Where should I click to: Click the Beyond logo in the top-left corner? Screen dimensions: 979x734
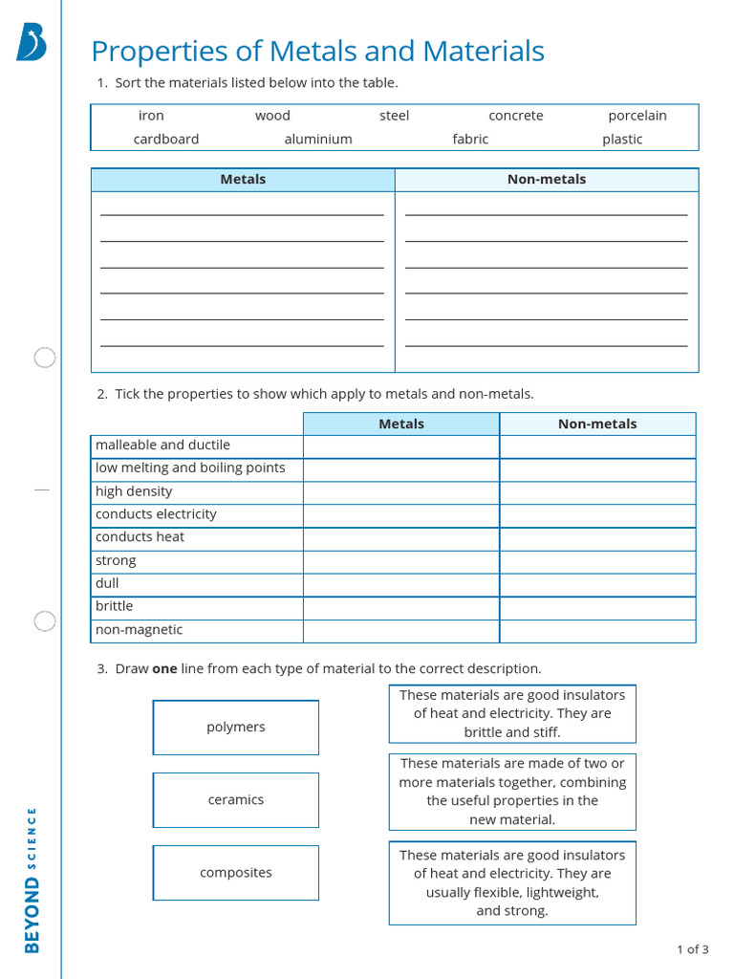(31, 44)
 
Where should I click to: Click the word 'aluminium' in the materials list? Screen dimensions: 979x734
(318, 140)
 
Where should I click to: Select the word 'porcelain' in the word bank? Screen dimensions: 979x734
(637, 116)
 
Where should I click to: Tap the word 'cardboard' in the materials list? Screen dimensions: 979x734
(166, 140)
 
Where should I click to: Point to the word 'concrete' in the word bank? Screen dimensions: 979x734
(516, 116)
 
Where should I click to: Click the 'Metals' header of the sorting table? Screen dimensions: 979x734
(243, 180)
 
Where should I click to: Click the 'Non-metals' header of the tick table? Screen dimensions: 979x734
(597, 424)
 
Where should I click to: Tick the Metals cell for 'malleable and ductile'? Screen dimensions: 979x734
(401, 446)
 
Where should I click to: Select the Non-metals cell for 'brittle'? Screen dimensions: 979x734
(597, 607)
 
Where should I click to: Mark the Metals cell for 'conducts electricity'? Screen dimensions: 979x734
(401, 515)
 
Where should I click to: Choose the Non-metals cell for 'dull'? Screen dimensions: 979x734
(597, 584)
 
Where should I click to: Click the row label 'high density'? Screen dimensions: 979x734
(134, 491)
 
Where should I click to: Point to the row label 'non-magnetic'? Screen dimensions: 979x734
(139, 630)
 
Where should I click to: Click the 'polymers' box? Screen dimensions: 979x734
(236, 728)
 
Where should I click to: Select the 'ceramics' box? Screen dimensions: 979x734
(236, 800)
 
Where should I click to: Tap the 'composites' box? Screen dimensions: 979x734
(236, 873)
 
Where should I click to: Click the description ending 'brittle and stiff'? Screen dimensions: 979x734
(512, 714)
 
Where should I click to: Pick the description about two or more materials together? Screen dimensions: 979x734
(512, 792)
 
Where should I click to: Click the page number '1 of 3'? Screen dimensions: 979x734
(692, 949)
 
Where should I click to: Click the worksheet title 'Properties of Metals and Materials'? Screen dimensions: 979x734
(317, 52)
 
